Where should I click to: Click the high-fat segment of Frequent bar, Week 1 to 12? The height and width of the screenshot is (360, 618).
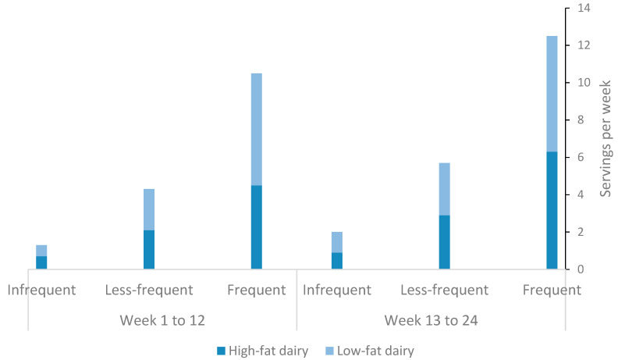click(256, 227)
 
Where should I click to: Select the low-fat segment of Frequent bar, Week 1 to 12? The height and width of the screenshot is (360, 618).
click(256, 129)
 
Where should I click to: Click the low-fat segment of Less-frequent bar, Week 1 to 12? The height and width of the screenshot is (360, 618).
click(149, 209)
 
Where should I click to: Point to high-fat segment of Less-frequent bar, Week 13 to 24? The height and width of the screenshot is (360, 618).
click(444, 242)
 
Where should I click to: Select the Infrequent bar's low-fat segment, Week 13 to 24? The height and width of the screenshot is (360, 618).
click(337, 242)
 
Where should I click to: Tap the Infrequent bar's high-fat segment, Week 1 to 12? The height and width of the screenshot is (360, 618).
click(41, 262)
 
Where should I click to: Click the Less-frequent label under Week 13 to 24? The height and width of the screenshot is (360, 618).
click(444, 290)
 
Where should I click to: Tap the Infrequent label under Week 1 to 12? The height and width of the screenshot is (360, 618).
click(41, 290)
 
